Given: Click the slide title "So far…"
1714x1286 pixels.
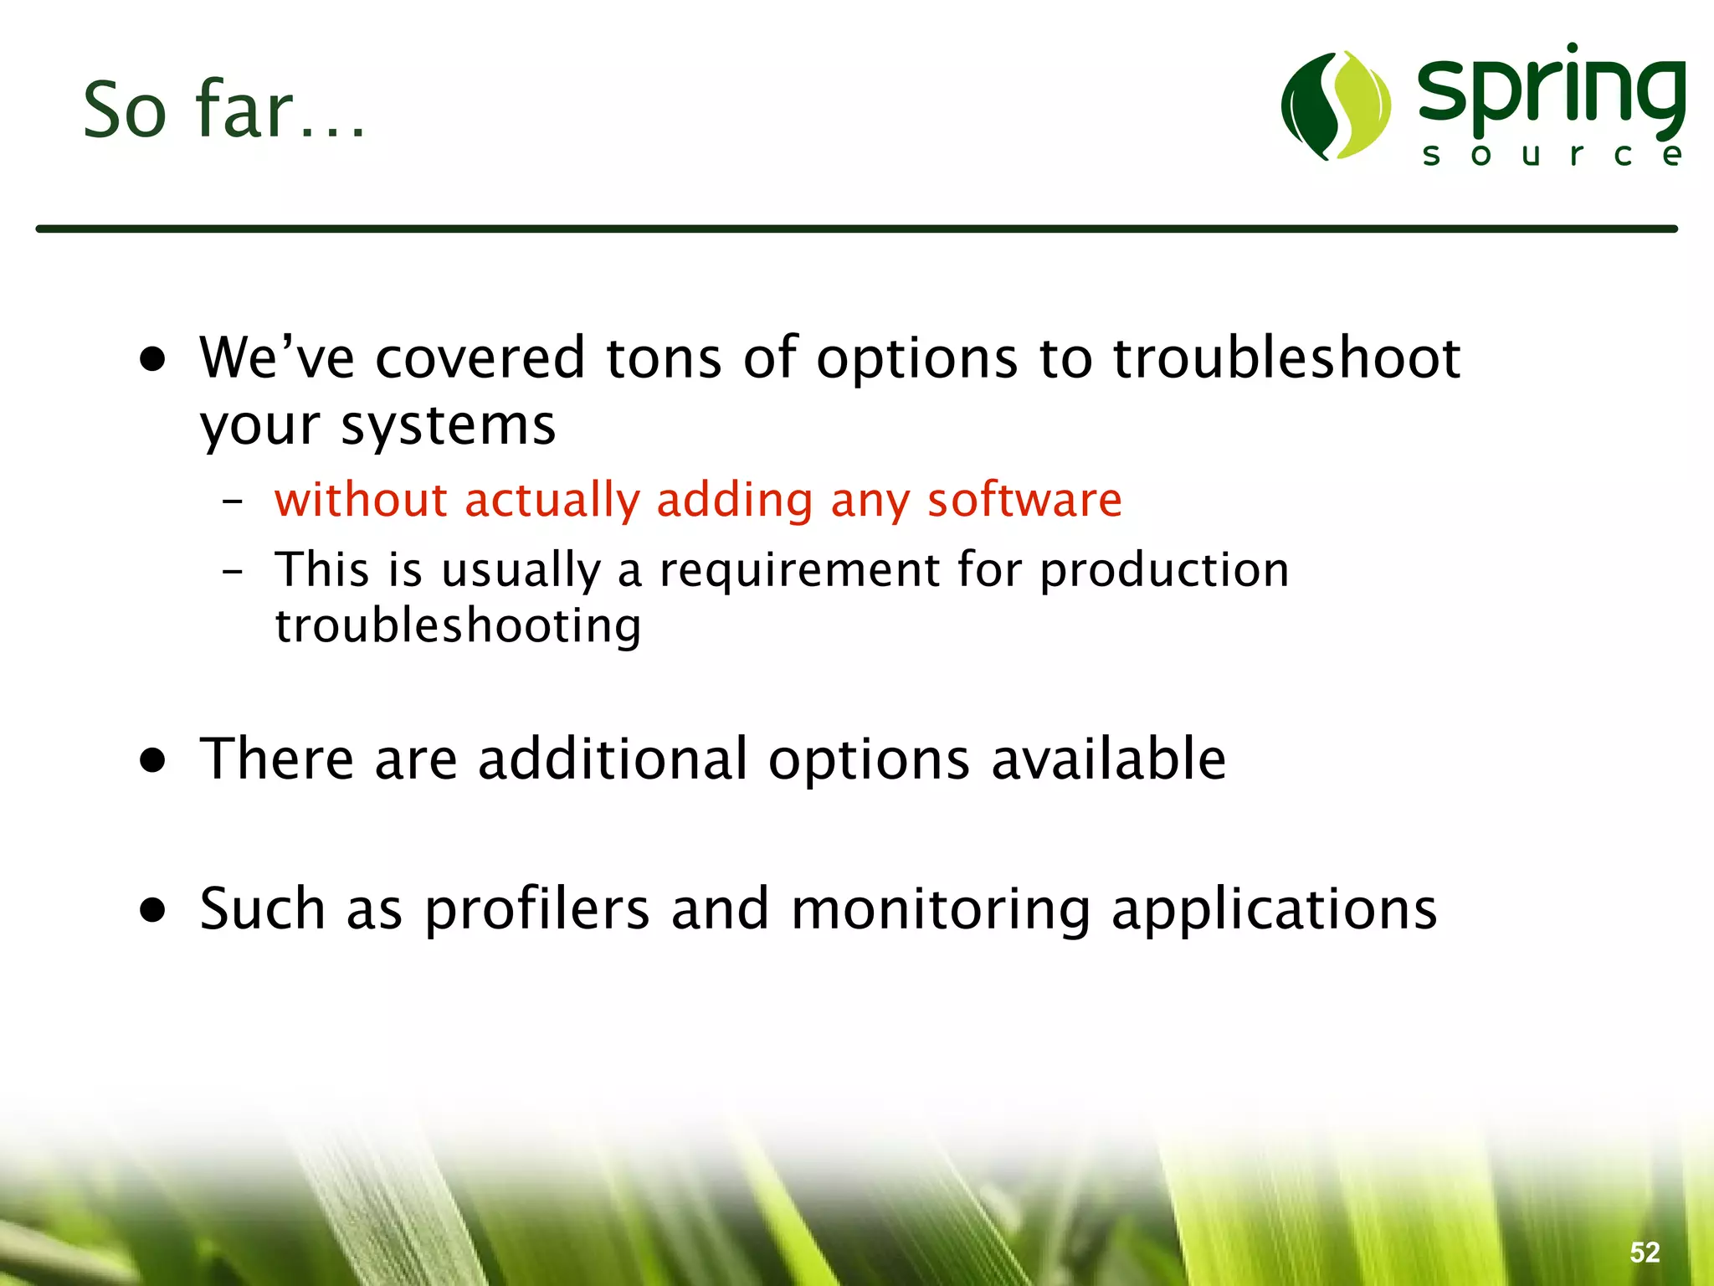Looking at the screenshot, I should point(224,110).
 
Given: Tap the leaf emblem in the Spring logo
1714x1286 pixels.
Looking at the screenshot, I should point(1336,105).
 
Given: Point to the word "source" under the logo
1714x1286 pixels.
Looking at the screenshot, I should point(1552,155).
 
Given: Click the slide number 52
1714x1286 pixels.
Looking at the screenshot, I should point(1645,1253).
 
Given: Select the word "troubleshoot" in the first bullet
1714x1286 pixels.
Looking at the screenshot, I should point(1286,358).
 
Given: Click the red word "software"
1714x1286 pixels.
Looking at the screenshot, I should point(1024,500).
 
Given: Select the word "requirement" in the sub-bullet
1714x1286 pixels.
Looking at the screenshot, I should point(799,570).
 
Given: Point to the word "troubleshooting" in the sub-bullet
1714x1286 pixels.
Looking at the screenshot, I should point(458,626).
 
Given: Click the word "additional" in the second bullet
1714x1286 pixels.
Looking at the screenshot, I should point(612,759).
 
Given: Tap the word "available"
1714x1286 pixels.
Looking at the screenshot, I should point(1108,759).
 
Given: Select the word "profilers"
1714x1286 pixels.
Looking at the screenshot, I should point(536,910).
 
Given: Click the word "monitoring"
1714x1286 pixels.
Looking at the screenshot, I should point(941,910).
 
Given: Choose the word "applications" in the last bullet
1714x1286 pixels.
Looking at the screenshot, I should point(1274,910).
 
